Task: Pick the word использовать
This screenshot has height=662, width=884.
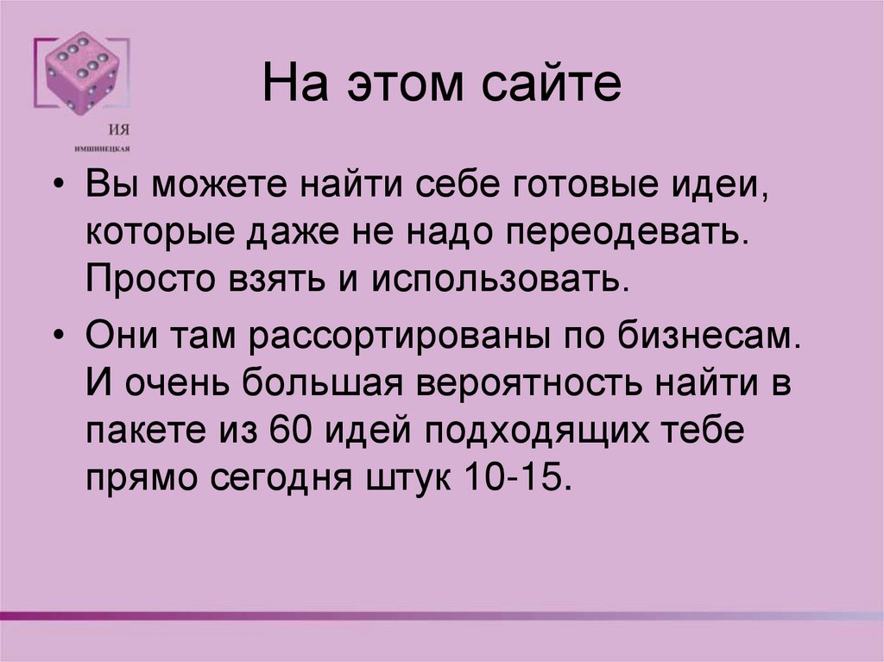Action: tap(498, 281)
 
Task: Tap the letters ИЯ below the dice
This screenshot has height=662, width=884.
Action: tap(120, 129)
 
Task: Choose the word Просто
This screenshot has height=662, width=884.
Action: tap(139, 281)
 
